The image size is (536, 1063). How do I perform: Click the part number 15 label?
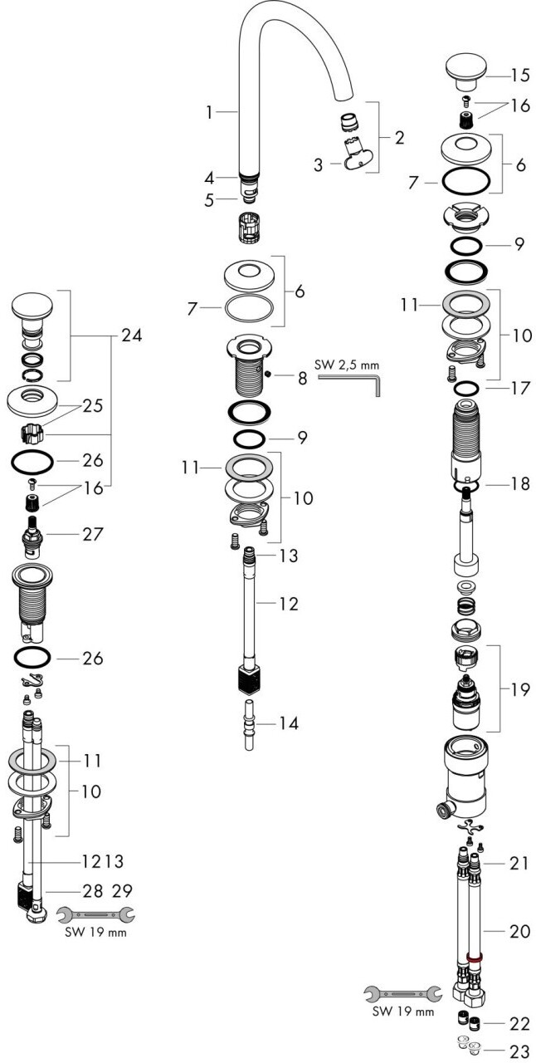[519, 75]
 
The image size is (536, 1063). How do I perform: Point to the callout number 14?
[288, 723]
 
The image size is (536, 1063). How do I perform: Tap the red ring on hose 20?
[475, 957]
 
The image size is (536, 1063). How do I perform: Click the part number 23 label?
[519, 1051]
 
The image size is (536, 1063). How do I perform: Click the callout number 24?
[131, 336]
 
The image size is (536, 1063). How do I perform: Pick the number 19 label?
[519, 689]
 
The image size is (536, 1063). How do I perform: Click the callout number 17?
[519, 387]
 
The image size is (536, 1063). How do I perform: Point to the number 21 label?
[519, 865]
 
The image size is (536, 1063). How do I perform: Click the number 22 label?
[519, 1023]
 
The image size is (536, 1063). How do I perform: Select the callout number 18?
[519, 483]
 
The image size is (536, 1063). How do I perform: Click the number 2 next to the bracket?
[399, 137]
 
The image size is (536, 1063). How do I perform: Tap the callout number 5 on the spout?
[210, 199]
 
